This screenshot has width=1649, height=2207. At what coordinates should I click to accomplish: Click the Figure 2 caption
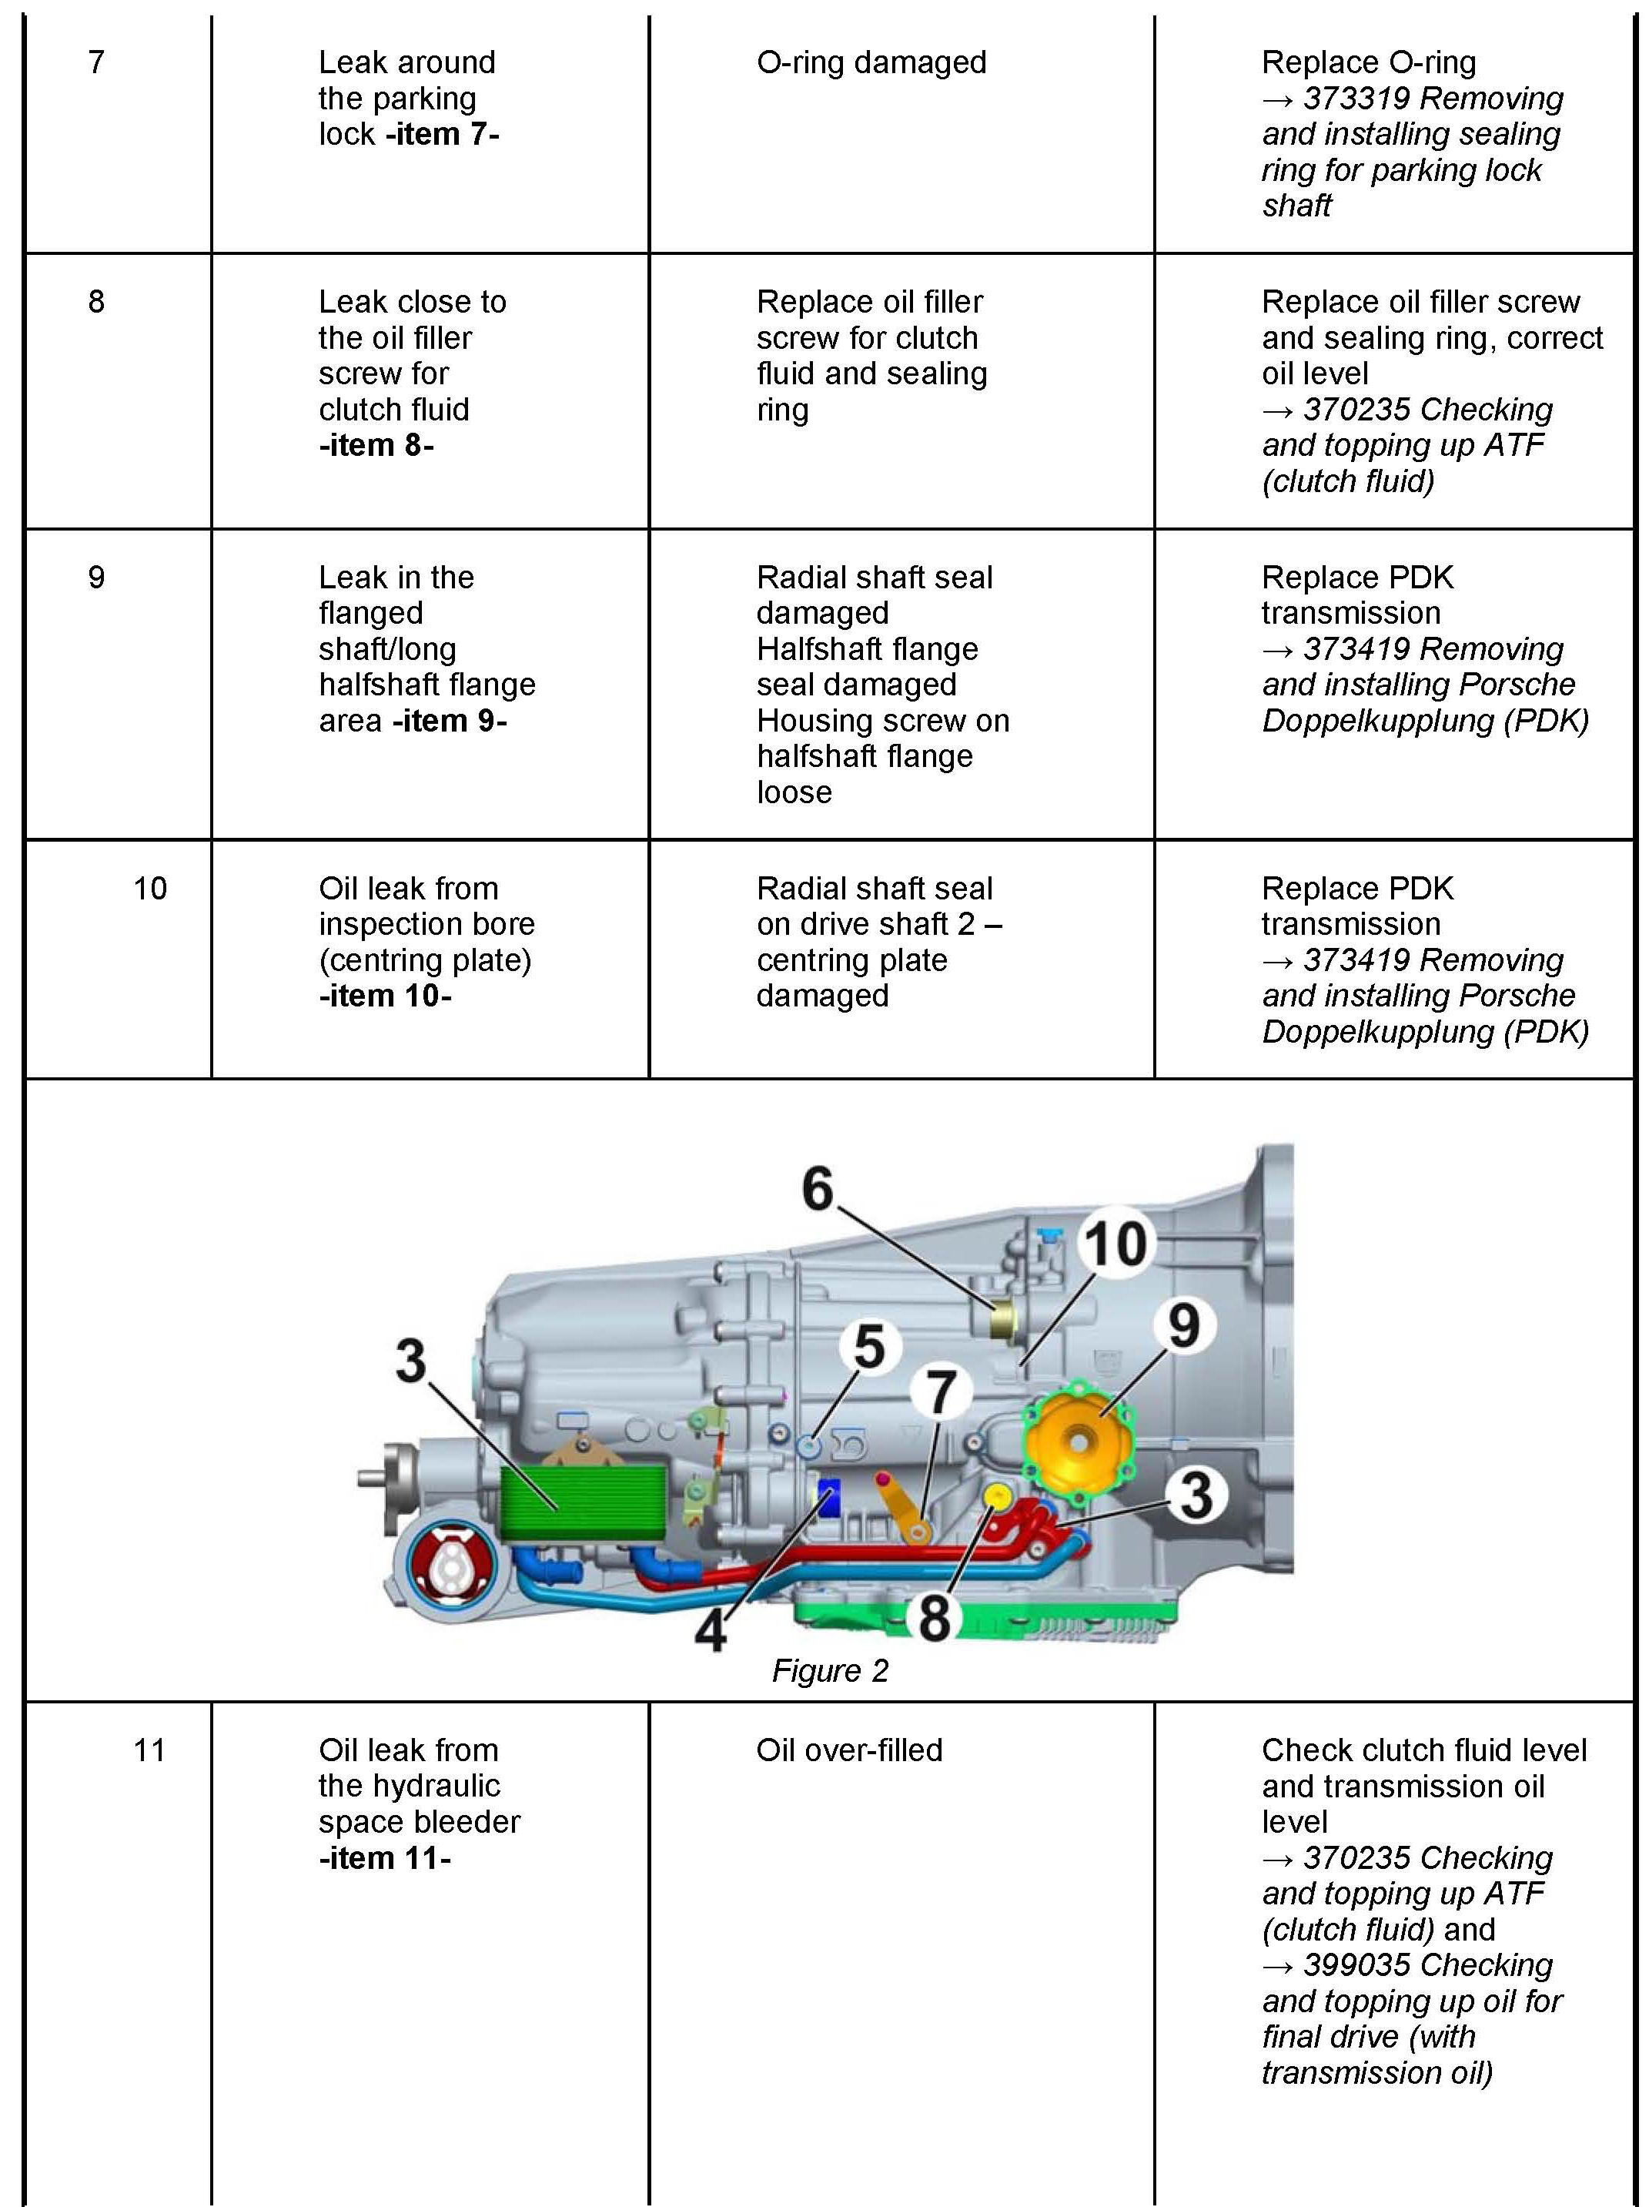click(x=829, y=1670)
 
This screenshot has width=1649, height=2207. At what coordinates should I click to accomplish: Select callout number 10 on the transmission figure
click(x=1115, y=1243)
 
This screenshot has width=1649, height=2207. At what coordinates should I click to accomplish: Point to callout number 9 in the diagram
click(x=1183, y=1325)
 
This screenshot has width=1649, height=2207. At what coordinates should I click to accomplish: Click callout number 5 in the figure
click(x=869, y=1346)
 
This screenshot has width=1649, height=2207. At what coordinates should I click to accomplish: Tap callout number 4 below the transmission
click(x=711, y=1631)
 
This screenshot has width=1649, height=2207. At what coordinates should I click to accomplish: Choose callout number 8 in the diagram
click(x=934, y=1617)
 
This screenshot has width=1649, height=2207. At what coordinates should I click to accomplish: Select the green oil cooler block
click(x=581, y=1501)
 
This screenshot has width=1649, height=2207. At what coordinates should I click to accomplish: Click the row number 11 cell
click(x=149, y=1751)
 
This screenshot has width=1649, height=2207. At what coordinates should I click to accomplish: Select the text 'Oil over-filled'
click(x=849, y=1751)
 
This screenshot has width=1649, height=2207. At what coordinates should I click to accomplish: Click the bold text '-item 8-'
click(x=376, y=445)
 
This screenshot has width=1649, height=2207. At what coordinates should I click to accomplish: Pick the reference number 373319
click(x=1356, y=99)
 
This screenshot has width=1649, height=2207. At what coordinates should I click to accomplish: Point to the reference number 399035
click(x=1356, y=1965)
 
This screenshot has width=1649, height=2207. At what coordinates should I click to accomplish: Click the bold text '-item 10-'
click(x=385, y=996)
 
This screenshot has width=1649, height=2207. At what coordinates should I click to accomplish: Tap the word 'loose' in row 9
click(x=794, y=792)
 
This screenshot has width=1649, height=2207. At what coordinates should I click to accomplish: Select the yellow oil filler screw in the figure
click(x=998, y=1495)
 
